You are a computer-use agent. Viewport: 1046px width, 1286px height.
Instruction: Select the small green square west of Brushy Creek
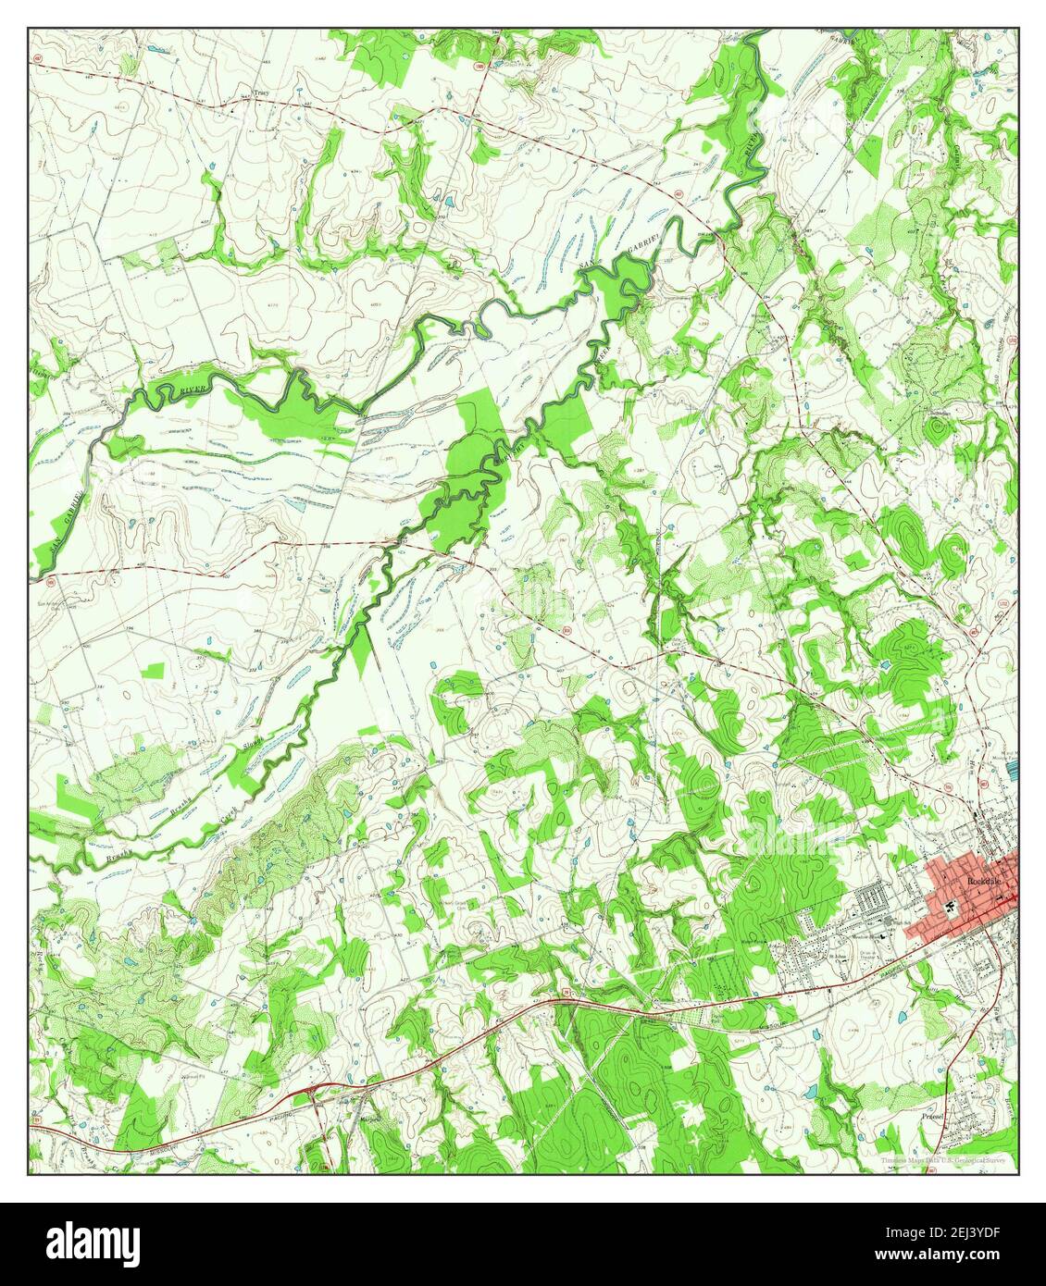click(155, 671)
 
